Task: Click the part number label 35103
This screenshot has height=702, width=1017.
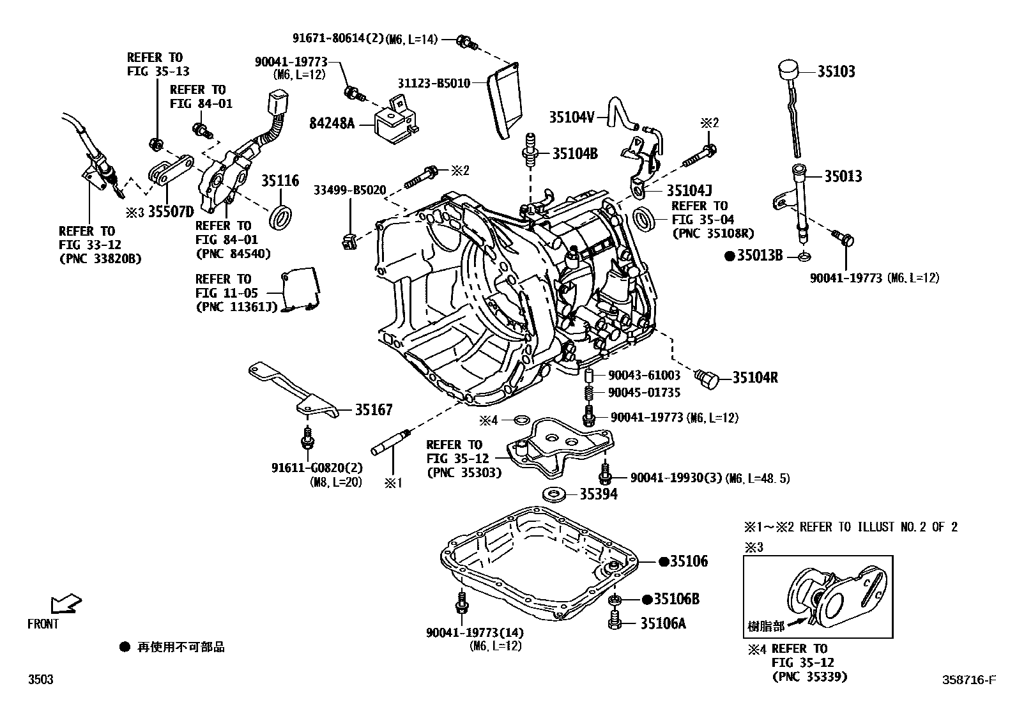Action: click(836, 72)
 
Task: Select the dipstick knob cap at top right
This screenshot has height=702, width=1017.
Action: click(790, 68)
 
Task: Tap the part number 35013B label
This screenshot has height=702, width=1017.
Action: click(760, 256)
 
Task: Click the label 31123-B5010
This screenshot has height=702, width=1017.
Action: click(434, 83)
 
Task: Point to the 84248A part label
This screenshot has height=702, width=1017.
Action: click(332, 123)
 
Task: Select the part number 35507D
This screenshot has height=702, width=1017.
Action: click(162, 212)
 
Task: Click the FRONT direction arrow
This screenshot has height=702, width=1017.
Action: click(66, 602)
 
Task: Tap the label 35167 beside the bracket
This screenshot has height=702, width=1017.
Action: click(374, 409)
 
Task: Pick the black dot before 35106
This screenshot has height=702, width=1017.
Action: click(664, 561)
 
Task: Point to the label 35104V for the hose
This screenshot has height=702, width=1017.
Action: click(572, 117)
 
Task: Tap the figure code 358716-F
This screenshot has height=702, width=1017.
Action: click(970, 680)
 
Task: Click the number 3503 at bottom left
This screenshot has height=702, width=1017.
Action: click(40, 680)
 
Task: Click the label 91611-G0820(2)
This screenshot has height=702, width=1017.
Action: click(316, 468)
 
